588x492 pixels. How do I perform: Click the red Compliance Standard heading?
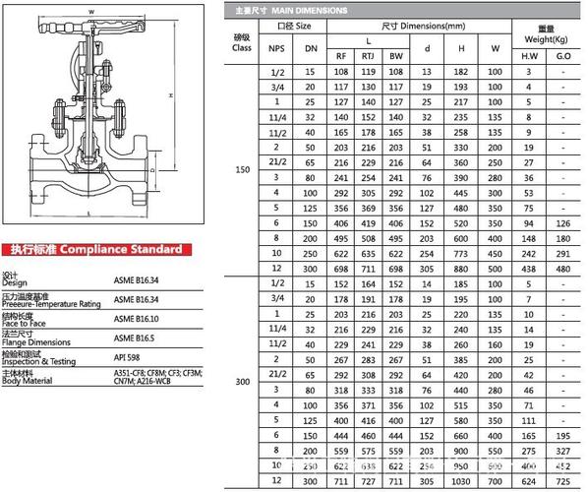[95, 250]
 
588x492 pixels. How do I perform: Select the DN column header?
[311, 46]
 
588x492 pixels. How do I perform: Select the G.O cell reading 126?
[562, 222]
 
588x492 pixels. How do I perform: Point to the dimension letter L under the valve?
[89, 214]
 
